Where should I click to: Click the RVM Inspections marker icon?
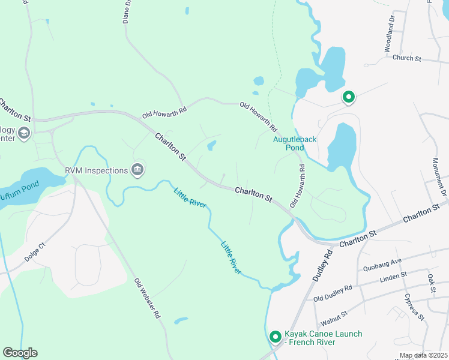point(138,170)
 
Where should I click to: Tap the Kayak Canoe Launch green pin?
point(275,337)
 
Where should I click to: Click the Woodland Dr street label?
point(390,37)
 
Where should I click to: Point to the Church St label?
point(408,59)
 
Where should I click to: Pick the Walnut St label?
point(334,314)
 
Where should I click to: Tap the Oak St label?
point(431,283)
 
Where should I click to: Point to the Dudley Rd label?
point(322,266)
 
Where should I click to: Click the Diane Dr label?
point(126,11)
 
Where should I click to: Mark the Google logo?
point(20,353)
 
